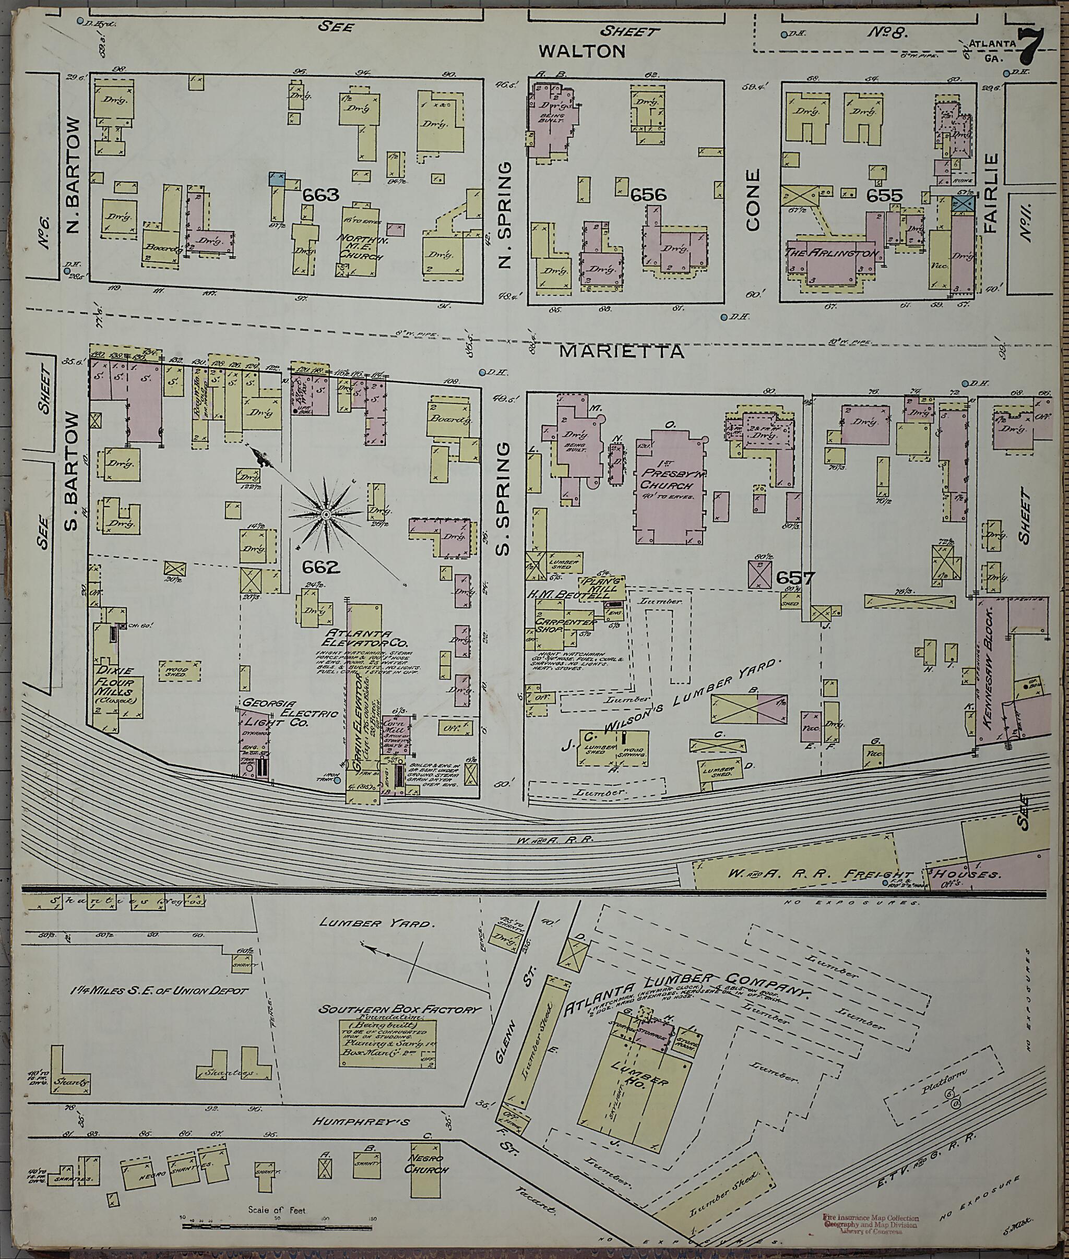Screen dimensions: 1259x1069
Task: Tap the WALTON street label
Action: [x=582, y=52]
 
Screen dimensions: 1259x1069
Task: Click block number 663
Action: [x=320, y=195]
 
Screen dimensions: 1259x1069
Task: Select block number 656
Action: [x=648, y=195]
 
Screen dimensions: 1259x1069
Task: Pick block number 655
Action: [x=884, y=196]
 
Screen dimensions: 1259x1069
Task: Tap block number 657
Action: [x=794, y=579]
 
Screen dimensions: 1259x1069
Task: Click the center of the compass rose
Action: [x=325, y=515]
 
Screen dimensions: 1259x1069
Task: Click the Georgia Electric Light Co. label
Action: [x=276, y=713]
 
